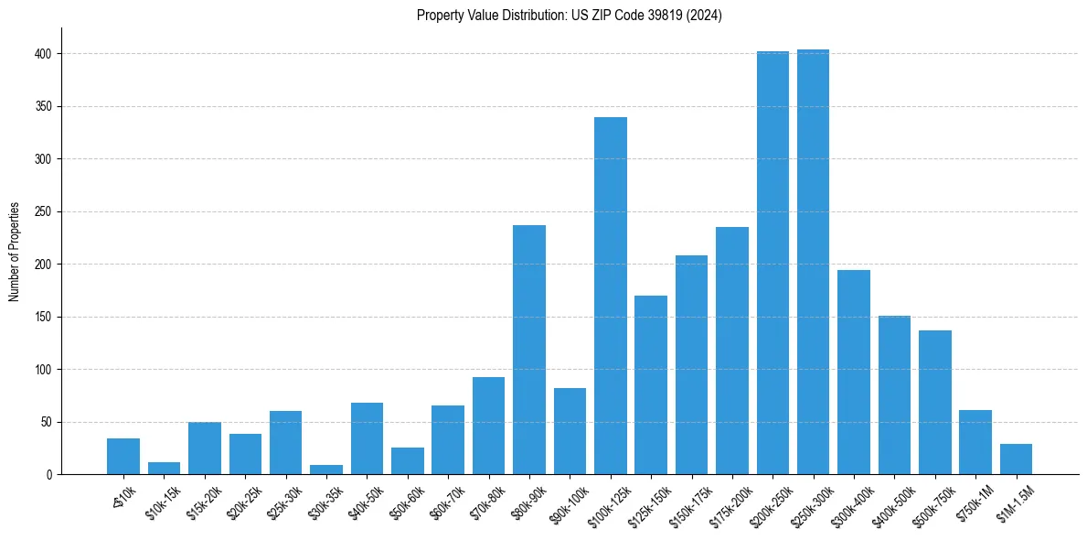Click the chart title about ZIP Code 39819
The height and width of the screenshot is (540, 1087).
click(569, 16)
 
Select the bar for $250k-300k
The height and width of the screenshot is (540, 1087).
click(813, 262)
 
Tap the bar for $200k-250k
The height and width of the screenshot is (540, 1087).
click(773, 263)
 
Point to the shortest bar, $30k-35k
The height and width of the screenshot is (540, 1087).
click(326, 470)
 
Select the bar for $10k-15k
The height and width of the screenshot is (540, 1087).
click(165, 469)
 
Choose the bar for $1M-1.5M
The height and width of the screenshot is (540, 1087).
click(1016, 459)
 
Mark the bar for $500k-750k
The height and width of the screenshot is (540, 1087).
click(934, 403)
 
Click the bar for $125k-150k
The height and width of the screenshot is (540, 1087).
click(651, 385)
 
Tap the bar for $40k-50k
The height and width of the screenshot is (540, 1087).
click(367, 438)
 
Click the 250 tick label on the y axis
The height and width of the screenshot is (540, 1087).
click(47, 211)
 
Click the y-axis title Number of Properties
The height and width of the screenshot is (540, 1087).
click(15, 252)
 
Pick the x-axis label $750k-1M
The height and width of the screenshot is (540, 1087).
click(974, 503)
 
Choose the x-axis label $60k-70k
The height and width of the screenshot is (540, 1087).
click(446, 502)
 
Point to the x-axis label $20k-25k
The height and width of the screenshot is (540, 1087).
click(244, 502)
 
